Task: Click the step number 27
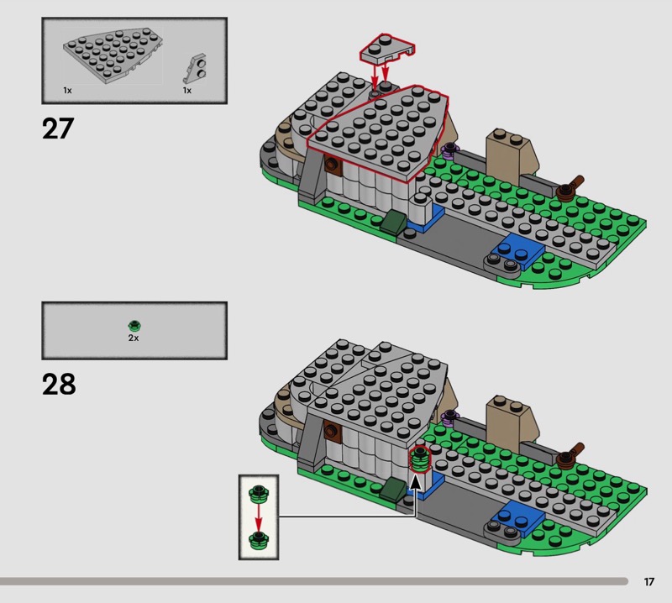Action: (58, 128)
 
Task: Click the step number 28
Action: (59, 384)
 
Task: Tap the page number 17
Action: (648, 581)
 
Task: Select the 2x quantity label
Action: (134, 338)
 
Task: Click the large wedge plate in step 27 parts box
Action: (113, 54)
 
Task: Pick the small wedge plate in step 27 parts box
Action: (195, 68)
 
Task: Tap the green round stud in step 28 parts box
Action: (134, 326)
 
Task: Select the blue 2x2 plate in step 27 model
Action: (518, 250)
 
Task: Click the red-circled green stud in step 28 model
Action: (421, 459)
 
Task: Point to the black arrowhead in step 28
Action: (415, 482)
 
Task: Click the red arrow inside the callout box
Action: (258, 516)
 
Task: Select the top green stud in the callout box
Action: (259, 494)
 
